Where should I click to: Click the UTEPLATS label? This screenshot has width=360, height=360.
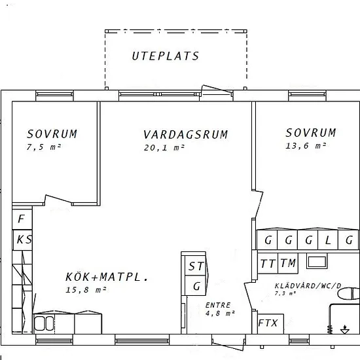[x=166, y=56]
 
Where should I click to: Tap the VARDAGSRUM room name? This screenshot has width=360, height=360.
[x=185, y=135]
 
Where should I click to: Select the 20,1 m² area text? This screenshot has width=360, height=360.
[x=164, y=148]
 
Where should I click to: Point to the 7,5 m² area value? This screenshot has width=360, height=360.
[x=44, y=147]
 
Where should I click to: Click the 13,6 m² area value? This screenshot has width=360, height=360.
[x=306, y=146]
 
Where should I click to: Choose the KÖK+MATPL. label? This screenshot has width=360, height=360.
[x=107, y=277]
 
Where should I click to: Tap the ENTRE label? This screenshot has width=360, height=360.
[x=218, y=305]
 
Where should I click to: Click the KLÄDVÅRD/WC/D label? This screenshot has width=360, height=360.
[x=308, y=286]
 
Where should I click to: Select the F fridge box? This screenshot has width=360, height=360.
[x=22, y=219]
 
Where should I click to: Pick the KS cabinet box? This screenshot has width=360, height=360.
[x=22, y=240]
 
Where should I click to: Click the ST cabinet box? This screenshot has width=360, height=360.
[x=195, y=266]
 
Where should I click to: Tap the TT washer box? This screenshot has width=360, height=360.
[x=268, y=263]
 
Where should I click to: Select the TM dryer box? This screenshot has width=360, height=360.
[x=288, y=263]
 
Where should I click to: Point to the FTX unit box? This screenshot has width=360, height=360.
[x=270, y=324]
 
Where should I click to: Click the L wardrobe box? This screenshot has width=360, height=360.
[x=328, y=240]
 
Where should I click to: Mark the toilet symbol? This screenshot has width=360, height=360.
[x=349, y=293]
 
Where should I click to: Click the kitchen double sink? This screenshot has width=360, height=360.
[x=44, y=323]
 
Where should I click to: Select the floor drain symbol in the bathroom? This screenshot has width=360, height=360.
[x=345, y=330]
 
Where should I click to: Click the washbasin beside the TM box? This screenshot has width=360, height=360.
[x=317, y=262]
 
